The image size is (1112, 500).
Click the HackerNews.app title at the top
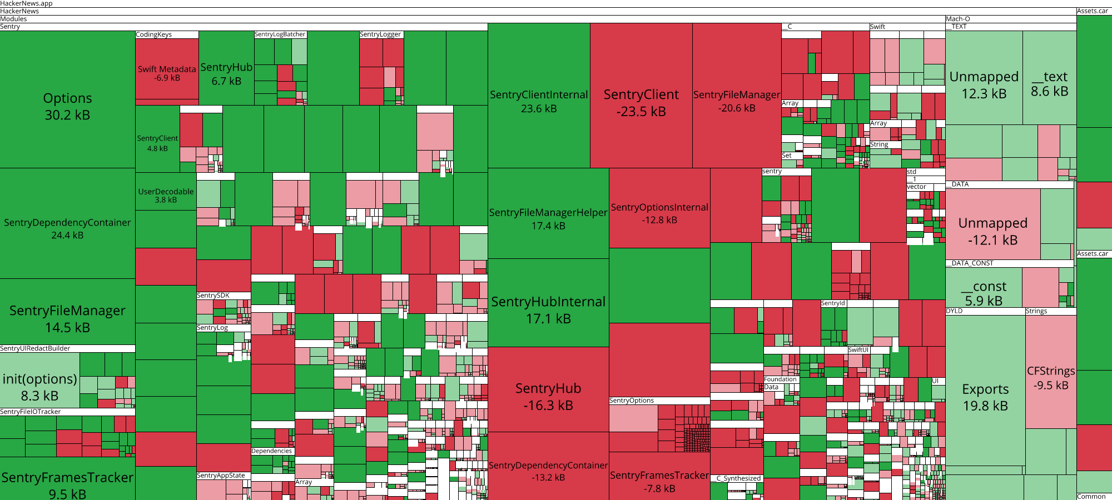pyautogui.click(x=27, y=3)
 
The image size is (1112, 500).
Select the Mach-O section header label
pyautogui.click(x=958, y=19)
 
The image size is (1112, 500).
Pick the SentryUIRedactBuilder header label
pyautogui.click(x=35, y=349)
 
